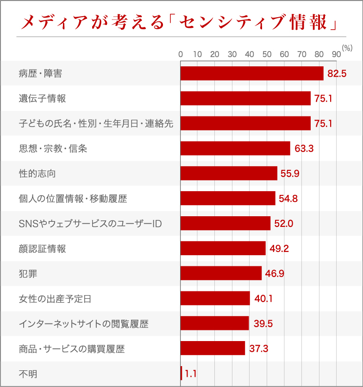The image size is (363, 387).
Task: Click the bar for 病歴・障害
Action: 251,73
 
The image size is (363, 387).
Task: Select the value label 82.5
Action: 337,73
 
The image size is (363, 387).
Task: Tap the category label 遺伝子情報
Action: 42,98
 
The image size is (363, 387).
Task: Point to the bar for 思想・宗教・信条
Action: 235,148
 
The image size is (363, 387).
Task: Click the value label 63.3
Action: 304,148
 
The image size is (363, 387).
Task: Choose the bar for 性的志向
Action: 229,174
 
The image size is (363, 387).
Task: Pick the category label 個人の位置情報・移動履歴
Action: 73,199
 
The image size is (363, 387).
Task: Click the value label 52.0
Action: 284,224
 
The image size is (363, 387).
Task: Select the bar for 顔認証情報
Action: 223,249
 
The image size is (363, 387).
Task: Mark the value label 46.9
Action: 275,274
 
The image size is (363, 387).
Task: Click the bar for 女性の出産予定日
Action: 215,298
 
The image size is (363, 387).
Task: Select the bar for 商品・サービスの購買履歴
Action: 213,348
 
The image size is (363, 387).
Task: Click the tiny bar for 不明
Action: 181,373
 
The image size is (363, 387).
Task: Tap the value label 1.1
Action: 190,373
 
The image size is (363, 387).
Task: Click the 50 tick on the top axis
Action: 267,54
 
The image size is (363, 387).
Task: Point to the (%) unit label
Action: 347,48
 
